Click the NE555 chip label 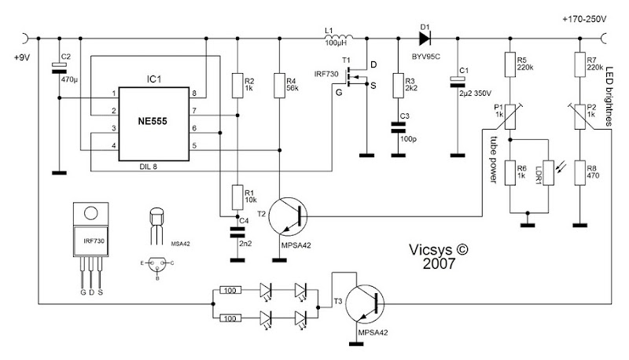click(x=153, y=121)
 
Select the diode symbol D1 click(x=425, y=39)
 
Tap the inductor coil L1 click(x=338, y=36)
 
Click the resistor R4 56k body click(x=280, y=86)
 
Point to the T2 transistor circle click(x=288, y=216)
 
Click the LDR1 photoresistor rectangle click(x=548, y=173)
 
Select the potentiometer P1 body click(x=509, y=116)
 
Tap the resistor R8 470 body click(x=579, y=173)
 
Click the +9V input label click(x=22, y=57)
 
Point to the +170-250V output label click(x=584, y=19)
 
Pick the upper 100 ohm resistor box click(x=230, y=290)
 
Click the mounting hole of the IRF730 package click(x=90, y=212)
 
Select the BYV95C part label click(x=425, y=57)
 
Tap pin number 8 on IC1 click(x=194, y=94)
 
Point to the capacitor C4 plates click(x=237, y=232)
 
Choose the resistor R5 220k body click(x=509, y=64)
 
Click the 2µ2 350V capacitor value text click(x=476, y=94)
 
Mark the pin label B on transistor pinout click(x=157, y=277)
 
